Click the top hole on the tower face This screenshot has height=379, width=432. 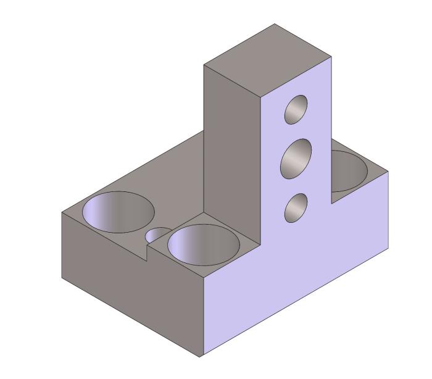296,109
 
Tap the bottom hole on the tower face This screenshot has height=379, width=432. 296,207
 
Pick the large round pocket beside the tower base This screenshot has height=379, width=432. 203,243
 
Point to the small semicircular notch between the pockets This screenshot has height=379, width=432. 158,233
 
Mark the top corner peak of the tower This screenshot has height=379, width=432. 275,24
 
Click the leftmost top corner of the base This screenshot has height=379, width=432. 62,213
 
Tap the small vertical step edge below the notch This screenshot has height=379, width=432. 146,253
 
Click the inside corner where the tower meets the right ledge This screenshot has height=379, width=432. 331,202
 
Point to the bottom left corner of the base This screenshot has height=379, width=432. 62,278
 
